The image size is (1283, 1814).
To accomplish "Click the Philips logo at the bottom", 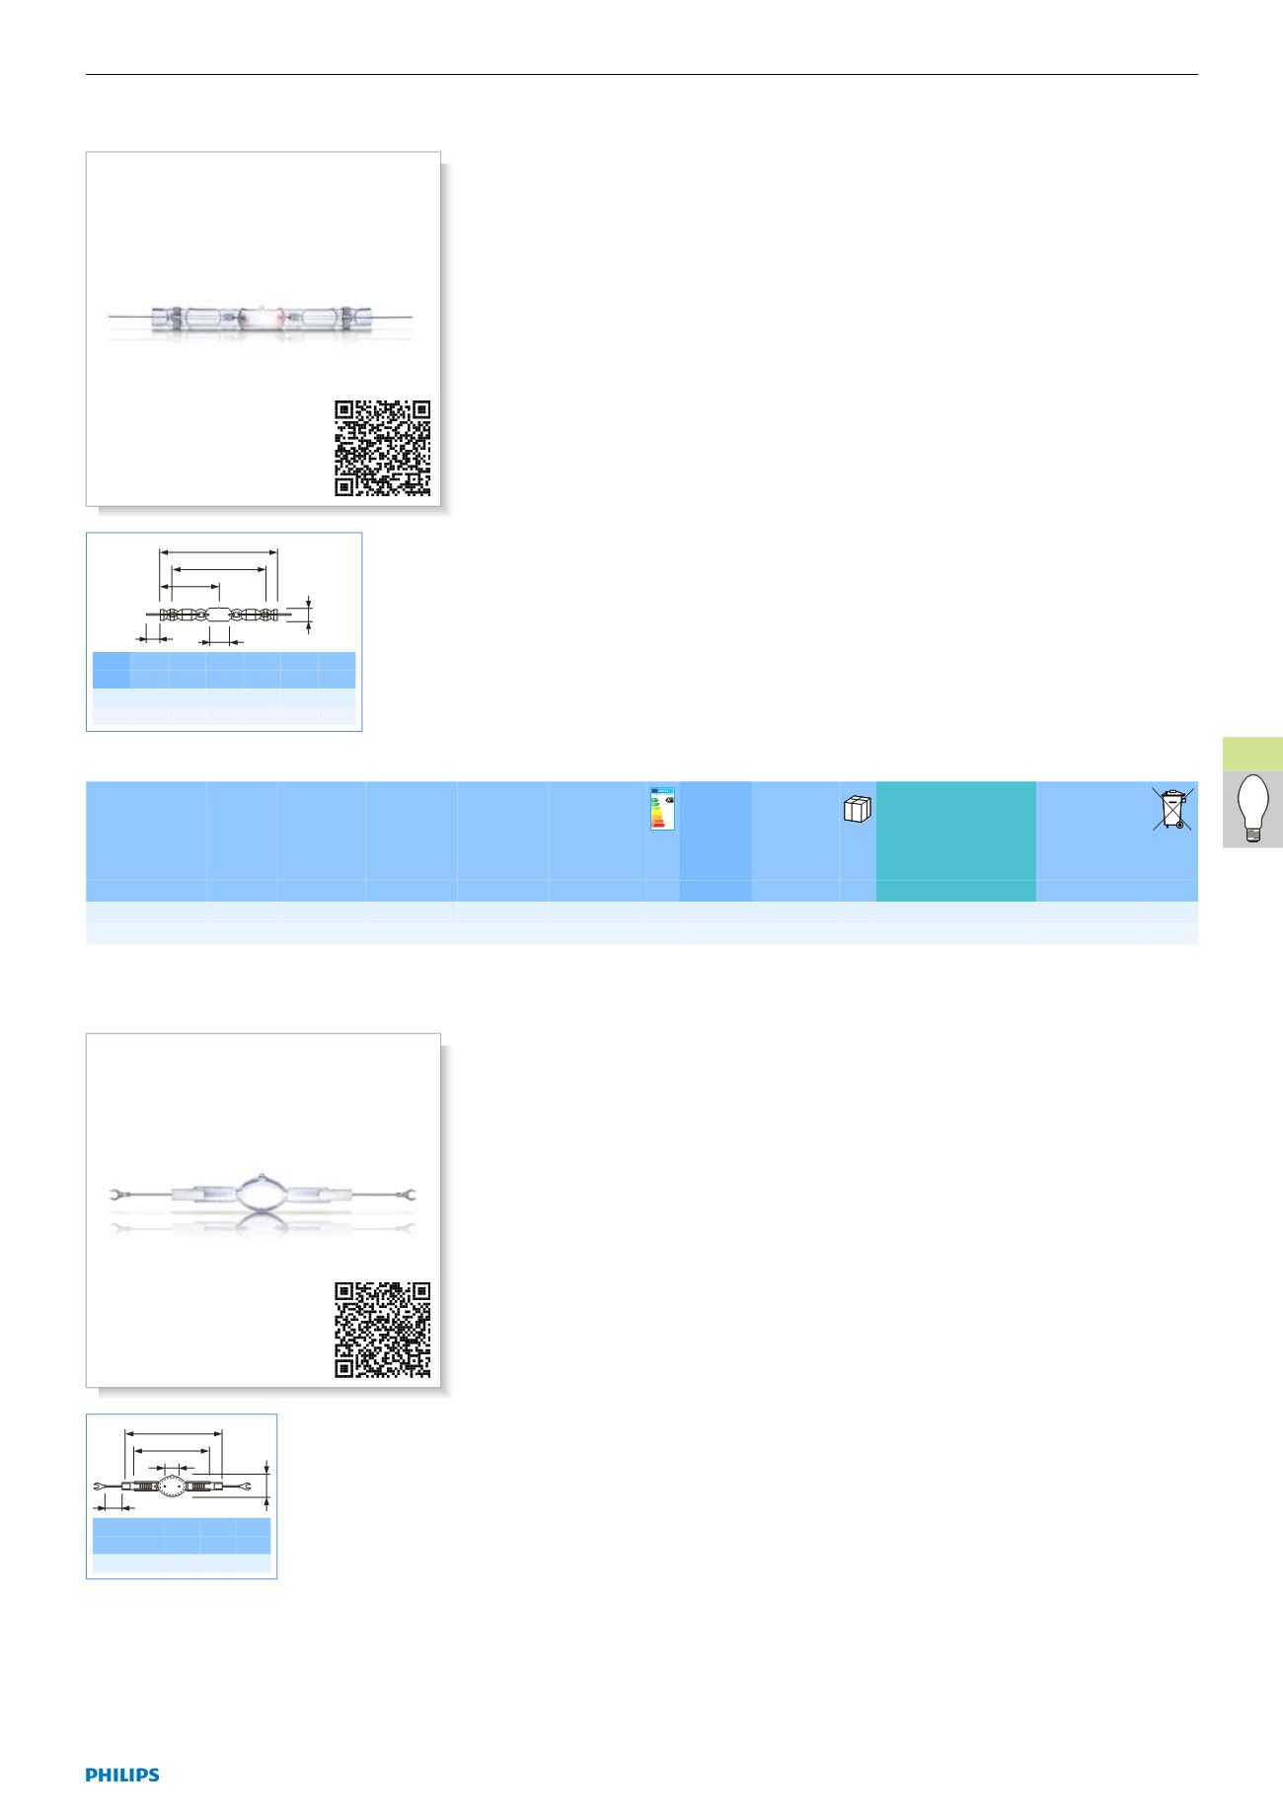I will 121,1774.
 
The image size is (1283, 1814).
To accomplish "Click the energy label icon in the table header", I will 662,808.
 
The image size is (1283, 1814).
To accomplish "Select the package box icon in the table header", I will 858,809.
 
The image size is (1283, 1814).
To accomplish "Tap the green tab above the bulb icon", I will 1252,753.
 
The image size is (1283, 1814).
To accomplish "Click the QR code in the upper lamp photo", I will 382,448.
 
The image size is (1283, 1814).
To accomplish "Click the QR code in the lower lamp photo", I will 382,1329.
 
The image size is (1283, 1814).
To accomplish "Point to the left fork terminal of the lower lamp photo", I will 116,1197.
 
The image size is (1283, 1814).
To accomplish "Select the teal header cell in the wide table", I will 955,840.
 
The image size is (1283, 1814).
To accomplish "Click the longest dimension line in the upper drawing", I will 218,552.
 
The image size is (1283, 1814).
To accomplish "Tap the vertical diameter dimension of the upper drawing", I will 310,612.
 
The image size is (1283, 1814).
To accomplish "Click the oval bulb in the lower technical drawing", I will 173,1487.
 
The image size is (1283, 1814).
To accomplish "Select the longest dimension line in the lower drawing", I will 174,1433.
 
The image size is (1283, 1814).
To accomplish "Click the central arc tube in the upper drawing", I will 218,615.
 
